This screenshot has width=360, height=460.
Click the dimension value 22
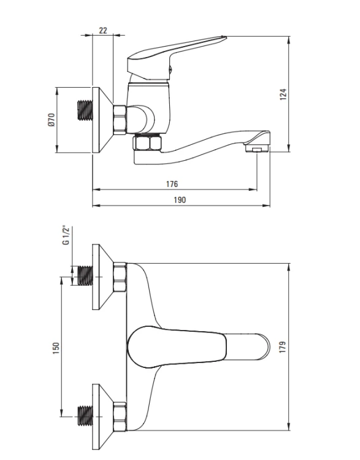point(103,30)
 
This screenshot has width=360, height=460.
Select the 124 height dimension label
point(283,94)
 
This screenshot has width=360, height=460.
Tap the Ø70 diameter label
point(51,120)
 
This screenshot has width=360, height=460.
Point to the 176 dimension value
point(172,184)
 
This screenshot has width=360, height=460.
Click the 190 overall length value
point(180,200)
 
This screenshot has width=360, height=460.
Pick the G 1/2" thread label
point(66,236)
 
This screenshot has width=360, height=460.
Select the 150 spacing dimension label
point(56,348)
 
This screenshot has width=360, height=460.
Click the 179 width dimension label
point(282,347)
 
